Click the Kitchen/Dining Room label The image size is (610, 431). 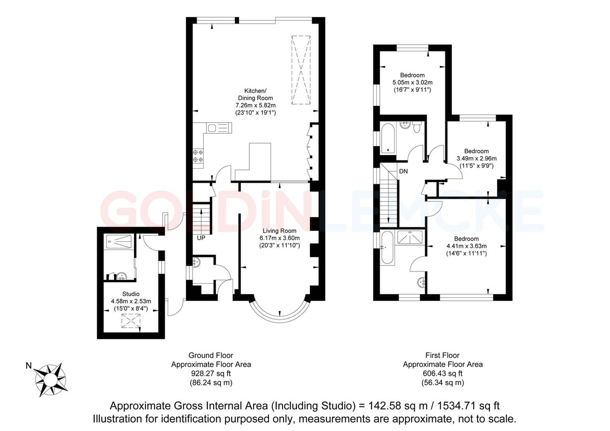click(x=255, y=94)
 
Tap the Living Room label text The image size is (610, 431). click(x=279, y=231)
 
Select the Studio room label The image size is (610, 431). click(x=131, y=294)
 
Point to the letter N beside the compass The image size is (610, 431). click(x=28, y=366)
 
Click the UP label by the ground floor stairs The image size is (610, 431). click(x=201, y=238)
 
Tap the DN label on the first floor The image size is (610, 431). click(x=403, y=171)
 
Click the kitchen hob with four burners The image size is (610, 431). click(x=198, y=156)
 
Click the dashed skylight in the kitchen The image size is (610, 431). click(x=301, y=70)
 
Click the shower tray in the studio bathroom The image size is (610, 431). click(x=119, y=242)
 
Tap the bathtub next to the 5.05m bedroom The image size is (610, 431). click(x=387, y=138)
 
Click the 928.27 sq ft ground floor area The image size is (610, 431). click(x=211, y=374)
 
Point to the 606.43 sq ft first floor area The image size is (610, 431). click(x=442, y=374)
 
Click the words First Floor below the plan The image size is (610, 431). click(x=442, y=355)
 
